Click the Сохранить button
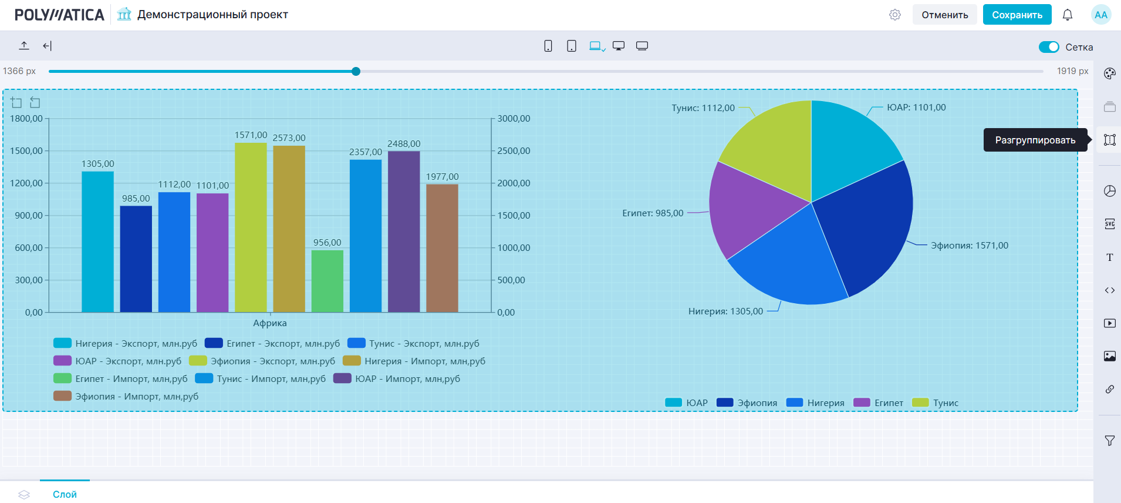[1017, 15]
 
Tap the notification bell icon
[1067, 15]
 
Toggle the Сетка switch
[1048, 47]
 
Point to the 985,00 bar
[136, 259]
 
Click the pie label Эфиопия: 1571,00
[969, 246]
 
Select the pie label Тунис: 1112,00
[703, 108]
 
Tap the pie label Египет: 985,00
[653, 213]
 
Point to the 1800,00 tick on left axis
[26, 119]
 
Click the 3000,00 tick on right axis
[514, 119]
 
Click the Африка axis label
[270, 323]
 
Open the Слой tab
[65, 494]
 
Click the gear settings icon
[894, 15]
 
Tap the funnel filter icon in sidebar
[1109, 441]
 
